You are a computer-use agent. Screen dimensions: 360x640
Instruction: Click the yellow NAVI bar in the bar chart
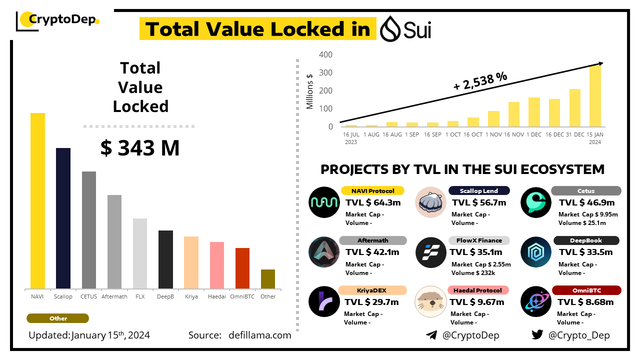[x=37, y=200]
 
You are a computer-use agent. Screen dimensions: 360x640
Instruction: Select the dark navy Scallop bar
[x=63, y=218]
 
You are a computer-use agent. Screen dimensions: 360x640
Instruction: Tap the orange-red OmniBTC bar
[x=242, y=268]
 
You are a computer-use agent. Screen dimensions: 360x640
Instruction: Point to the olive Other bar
[x=268, y=279]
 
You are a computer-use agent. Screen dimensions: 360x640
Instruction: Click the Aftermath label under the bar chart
[x=114, y=296]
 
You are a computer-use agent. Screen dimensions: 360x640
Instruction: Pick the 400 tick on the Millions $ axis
[x=326, y=54]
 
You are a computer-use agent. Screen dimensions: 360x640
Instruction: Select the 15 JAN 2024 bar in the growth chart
[x=595, y=95]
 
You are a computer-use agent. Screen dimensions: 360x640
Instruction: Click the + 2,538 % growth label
[x=480, y=81]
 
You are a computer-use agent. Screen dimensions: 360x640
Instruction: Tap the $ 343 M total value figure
[x=140, y=148]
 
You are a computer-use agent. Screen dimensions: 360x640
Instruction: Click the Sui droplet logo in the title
[x=390, y=29]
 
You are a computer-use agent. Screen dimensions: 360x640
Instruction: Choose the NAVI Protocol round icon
[x=324, y=202]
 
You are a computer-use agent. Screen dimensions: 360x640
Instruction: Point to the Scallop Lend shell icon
[x=430, y=202]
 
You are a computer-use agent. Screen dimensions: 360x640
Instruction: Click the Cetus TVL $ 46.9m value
[x=586, y=202]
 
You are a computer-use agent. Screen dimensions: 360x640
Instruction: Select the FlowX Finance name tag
[x=479, y=240]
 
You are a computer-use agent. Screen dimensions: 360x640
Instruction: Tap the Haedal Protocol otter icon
[x=430, y=301]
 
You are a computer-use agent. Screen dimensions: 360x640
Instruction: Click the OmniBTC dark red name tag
[x=586, y=290]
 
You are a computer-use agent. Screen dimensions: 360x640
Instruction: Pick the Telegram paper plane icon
[x=431, y=335]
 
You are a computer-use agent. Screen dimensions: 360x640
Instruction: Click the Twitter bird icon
[x=537, y=335]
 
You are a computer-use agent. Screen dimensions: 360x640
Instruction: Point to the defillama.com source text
[x=260, y=335]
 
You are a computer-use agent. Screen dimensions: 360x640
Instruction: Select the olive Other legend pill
[x=58, y=318]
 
